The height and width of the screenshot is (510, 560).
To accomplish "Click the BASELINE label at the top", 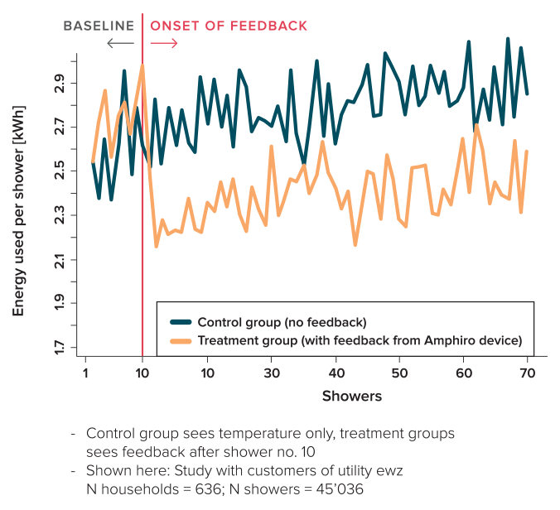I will tap(99, 26).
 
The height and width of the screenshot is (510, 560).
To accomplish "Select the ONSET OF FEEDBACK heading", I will tap(229, 26).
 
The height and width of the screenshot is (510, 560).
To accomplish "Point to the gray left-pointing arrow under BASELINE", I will tap(119, 43).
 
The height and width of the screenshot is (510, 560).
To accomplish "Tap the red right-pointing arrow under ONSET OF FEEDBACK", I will tap(164, 43).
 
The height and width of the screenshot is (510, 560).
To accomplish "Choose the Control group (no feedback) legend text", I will tap(280, 321).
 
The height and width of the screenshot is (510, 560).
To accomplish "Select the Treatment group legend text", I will tap(360, 340).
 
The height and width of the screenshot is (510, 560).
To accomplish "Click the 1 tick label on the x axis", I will tap(86, 373).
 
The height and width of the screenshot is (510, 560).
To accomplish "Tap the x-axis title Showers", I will tap(352, 397).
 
